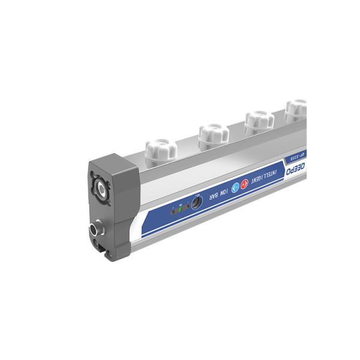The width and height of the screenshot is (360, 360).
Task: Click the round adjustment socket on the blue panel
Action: [x=196, y=205]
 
